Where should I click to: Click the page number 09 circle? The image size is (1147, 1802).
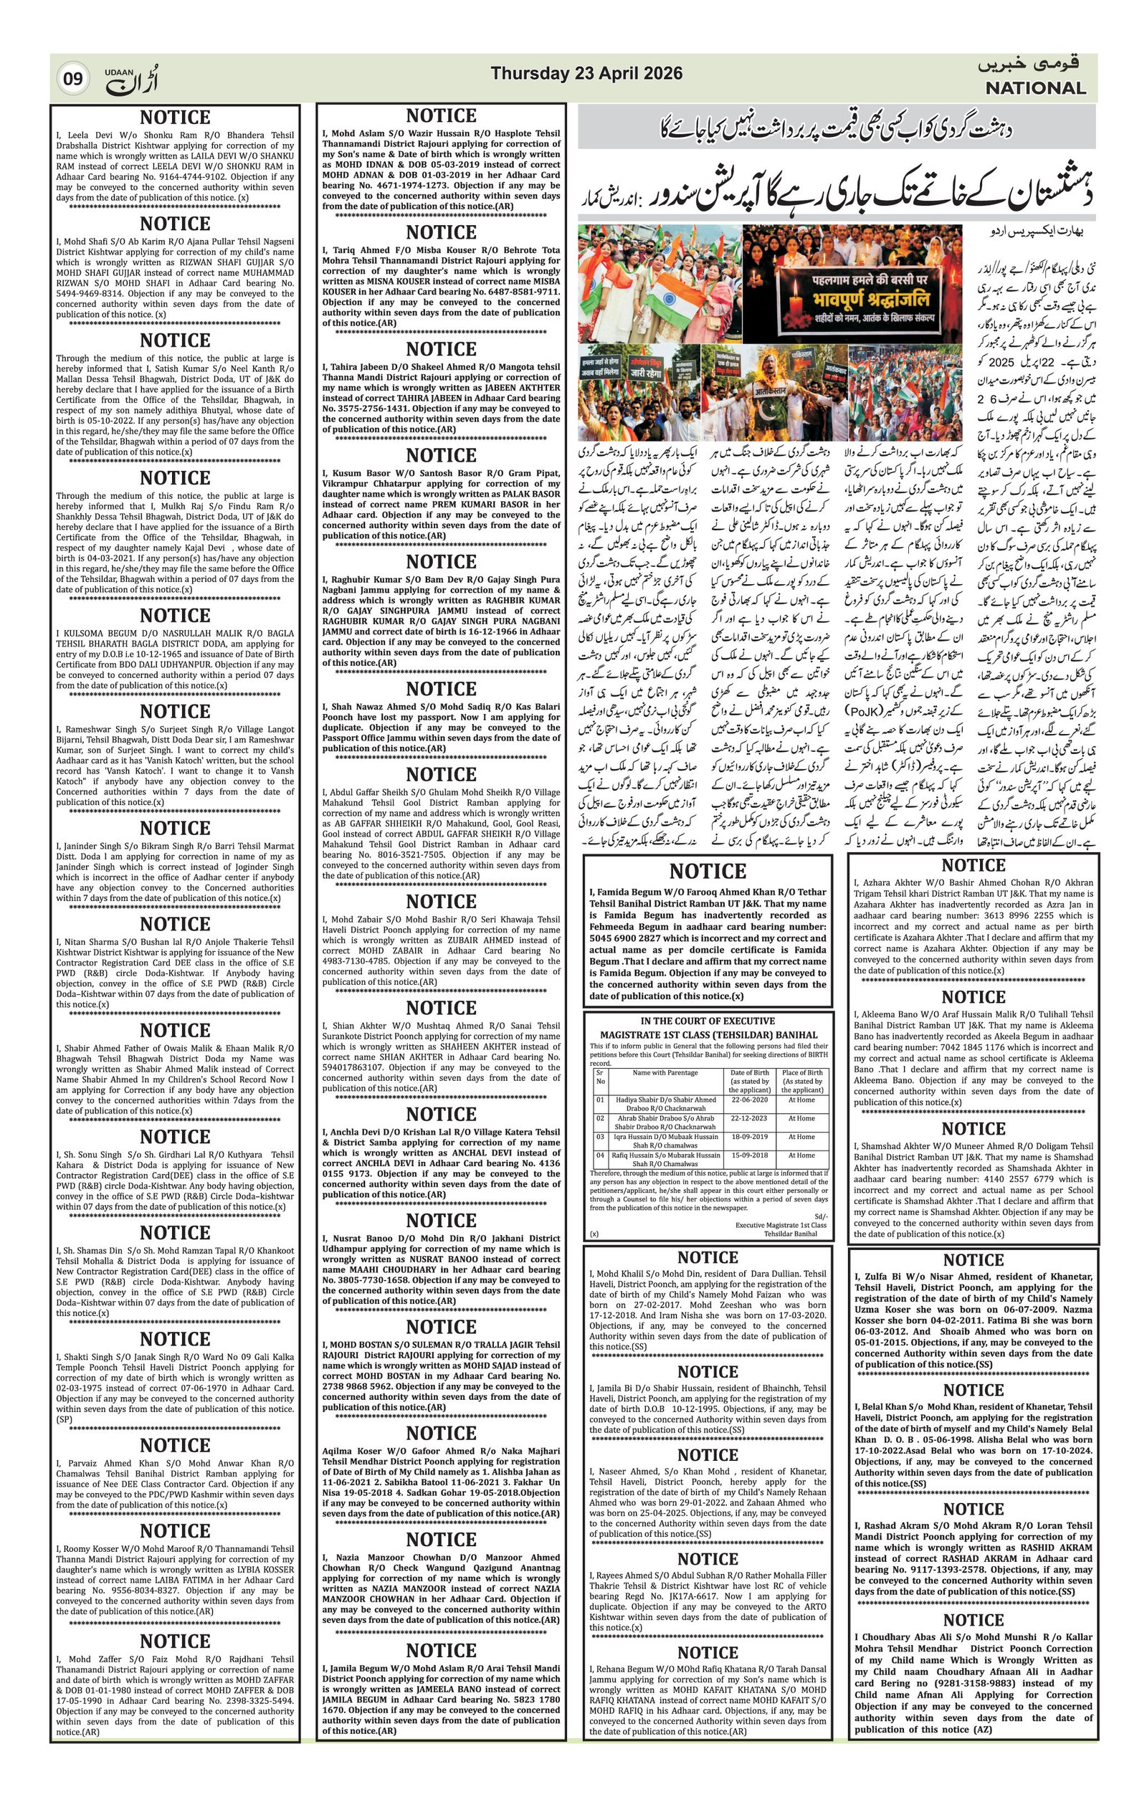[x=72, y=78]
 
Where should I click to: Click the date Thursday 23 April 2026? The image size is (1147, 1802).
[x=586, y=73]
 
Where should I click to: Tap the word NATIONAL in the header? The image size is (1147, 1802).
[x=1034, y=88]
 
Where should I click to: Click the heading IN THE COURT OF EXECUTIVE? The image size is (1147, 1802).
[x=707, y=1021]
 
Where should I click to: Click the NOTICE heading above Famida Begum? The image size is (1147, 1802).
[x=707, y=871]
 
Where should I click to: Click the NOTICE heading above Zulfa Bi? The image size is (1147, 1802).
[x=973, y=1260]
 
